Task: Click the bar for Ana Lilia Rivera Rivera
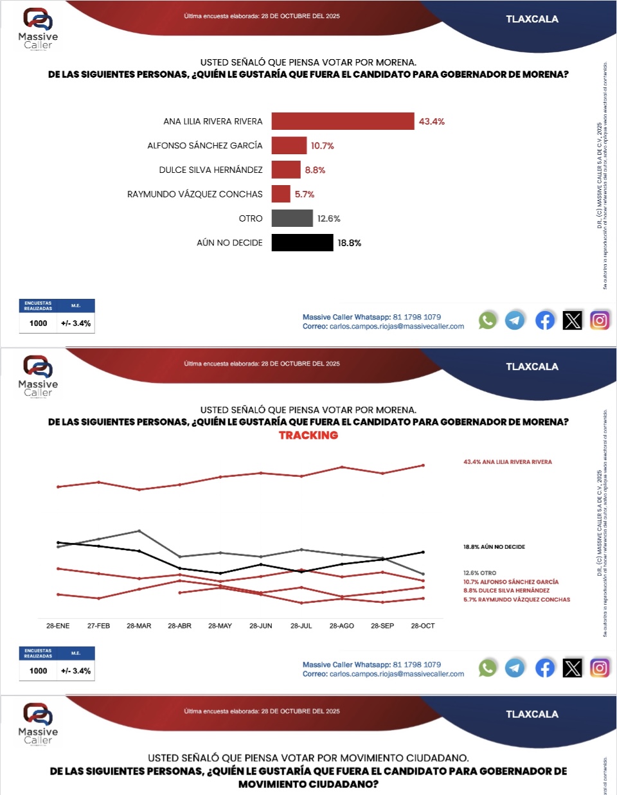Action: pyautogui.click(x=343, y=121)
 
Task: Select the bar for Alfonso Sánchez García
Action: pyautogui.click(x=289, y=145)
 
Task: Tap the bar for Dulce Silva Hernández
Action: pyautogui.click(x=286, y=170)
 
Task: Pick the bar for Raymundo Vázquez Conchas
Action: pyautogui.click(x=281, y=194)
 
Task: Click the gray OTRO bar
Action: pyautogui.click(x=292, y=219)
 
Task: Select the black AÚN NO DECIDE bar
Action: pyautogui.click(x=302, y=243)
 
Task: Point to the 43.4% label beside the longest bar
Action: pyautogui.click(x=432, y=121)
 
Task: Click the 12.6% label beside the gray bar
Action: pyautogui.click(x=328, y=219)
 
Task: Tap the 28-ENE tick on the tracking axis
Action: pyautogui.click(x=58, y=625)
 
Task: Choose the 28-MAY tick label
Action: pyautogui.click(x=220, y=625)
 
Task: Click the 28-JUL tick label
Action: pyautogui.click(x=301, y=625)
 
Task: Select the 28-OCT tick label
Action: pyautogui.click(x=423, y=625)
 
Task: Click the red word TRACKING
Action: pyautogui.click(x=308, y=436)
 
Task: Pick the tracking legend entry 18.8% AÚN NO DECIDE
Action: pyautogui.click(x=494, y=547)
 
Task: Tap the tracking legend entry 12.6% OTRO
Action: pyautogui.click(x=479, y=573)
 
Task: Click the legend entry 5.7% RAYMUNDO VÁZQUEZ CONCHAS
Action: pyautogui.click(x=517, y=600)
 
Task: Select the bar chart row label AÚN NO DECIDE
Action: pyautogui.click(x=229, y=243)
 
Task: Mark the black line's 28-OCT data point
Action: pyautogui.click(x=423, y=552)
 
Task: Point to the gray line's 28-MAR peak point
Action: pyautogui.click(x=139, y=531)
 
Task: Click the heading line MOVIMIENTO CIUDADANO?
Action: pyautogui.click(x=308, y=784)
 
